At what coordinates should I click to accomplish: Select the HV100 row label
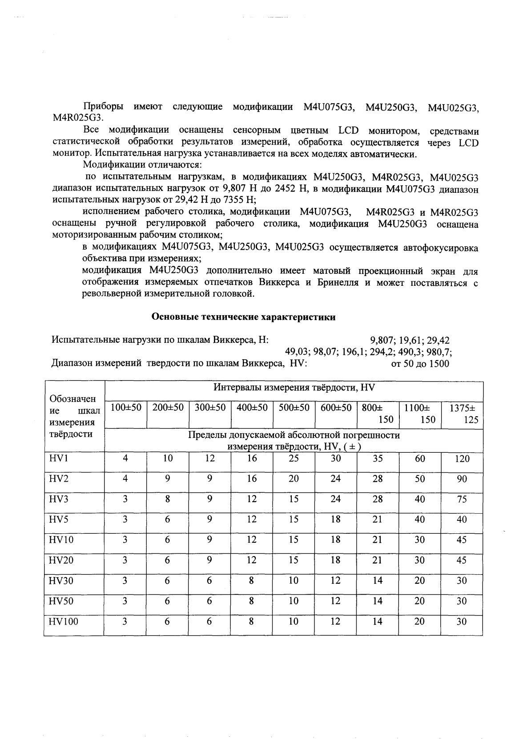click(63, 621)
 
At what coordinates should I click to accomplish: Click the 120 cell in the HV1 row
click(462, 459)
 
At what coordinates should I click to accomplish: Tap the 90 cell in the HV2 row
click(462, 479)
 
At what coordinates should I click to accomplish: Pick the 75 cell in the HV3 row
click(462, 499)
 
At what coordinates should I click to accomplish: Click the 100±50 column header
click(126, 408)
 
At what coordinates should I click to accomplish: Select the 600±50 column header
click(336, 408)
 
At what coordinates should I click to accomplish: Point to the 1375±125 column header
click(463, 414)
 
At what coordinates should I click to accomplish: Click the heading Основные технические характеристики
click(244, 317)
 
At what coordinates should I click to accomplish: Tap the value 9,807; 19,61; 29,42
click(410, 341)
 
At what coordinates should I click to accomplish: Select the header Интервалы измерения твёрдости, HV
click(294, 387)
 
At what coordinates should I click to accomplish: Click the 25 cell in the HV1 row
click(294, 459)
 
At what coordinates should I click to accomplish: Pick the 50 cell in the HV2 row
click(420, 479)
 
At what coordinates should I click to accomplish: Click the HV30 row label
click(61, 581)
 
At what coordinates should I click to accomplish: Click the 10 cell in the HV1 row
click(168, 459)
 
